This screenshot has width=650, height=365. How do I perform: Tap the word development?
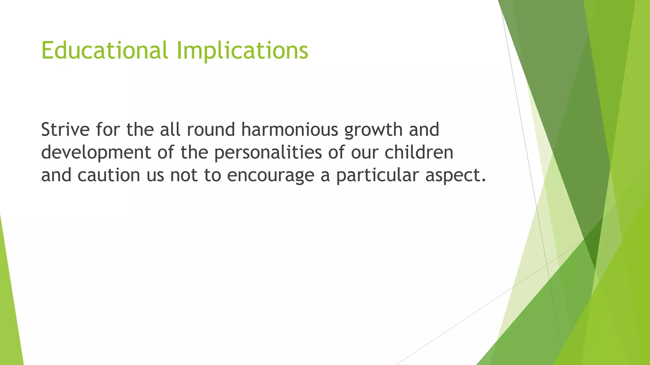96,153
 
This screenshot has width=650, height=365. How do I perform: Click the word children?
419,152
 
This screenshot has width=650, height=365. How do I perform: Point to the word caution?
109,175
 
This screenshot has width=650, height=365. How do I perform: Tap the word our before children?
365,153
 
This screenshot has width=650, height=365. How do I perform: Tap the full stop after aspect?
483,181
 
